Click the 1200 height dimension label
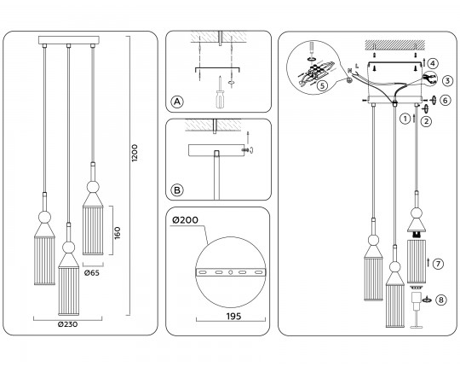(135, 153)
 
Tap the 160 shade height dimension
(118, 233)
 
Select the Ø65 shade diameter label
(92, 273)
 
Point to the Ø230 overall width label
(68, 324)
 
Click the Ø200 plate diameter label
(185, 220)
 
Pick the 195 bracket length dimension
(233, 316)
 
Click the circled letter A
(177, 102)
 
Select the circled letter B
(177, 190)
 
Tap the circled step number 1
(405, 119)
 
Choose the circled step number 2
(426, 121)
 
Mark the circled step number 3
(447, 80)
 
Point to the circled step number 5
(322, 86)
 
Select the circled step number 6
(446, 100)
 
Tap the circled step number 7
(438, 264)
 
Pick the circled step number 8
(441, 300)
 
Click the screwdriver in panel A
(220, 92)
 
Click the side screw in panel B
(248, 150)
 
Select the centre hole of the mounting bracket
(231, 272)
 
